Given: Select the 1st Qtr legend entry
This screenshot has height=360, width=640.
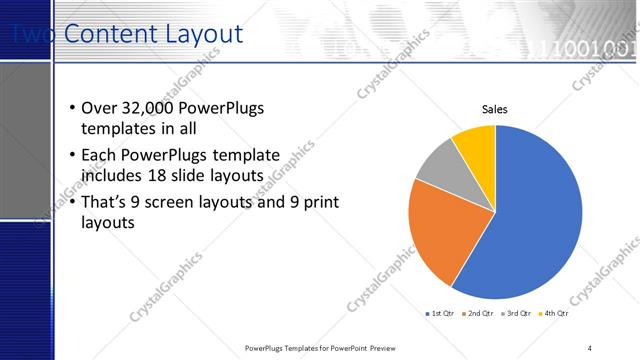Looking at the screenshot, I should [441, 313].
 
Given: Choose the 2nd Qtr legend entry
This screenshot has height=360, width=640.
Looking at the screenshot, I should [480, 313].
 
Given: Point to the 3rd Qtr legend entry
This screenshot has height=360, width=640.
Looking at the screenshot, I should [518, 313].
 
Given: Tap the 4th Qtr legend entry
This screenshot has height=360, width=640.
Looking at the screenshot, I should [555, 313].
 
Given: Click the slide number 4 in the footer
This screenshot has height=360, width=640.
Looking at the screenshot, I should [590, 347].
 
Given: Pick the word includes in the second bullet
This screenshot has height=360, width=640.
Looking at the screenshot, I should [111, 176].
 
